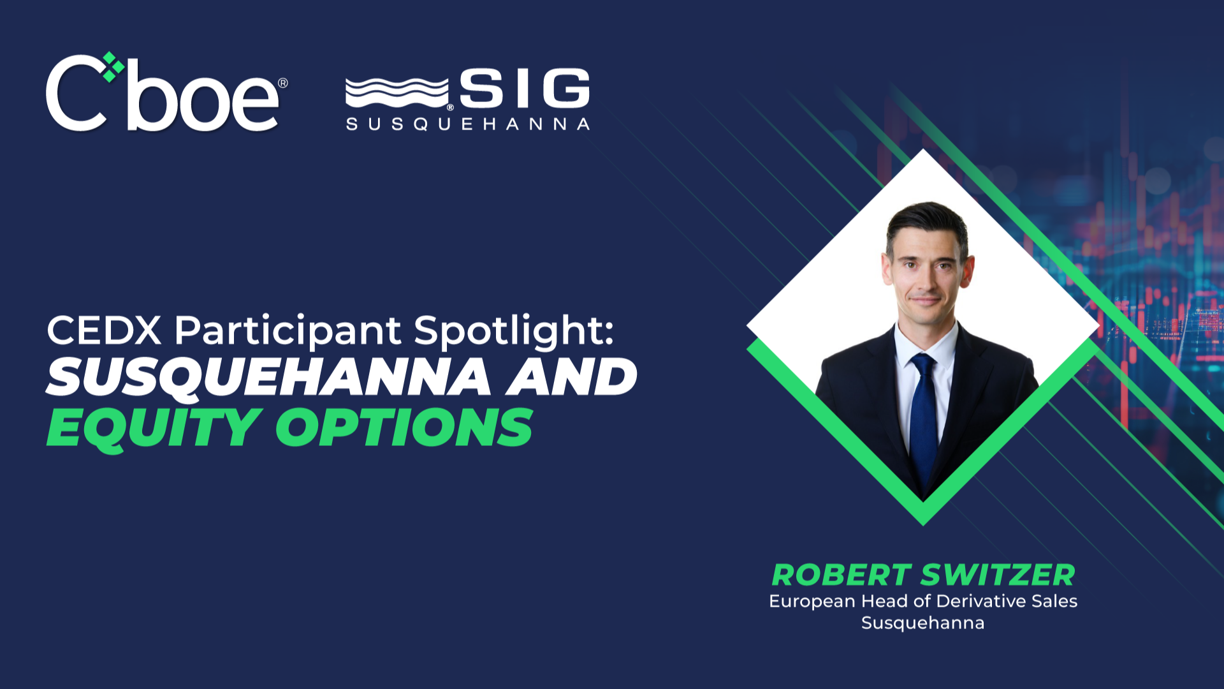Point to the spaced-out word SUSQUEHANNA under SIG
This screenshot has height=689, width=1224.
click(x=467, y=124)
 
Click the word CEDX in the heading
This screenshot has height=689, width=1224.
click(x=104, y=330)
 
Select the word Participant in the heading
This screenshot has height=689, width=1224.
click(x=288, y=330)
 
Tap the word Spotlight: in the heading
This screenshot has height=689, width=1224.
click(x=514, y=330)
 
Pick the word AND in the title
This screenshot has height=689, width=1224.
click(x=572, y=377)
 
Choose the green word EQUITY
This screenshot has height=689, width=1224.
click(x=154, y=427)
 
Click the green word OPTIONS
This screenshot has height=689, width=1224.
click(x=404, y=427)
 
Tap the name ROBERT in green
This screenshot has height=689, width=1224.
click(x=841, y=575)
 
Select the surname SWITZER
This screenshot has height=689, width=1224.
click(x=998, y=575)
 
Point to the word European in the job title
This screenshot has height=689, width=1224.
click(x=812, y=602)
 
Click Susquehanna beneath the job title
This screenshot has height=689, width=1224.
click(x=922, y=623)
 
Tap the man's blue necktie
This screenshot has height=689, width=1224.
click(x=923, y=415)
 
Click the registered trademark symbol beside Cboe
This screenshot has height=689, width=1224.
click(x=283, y=83)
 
